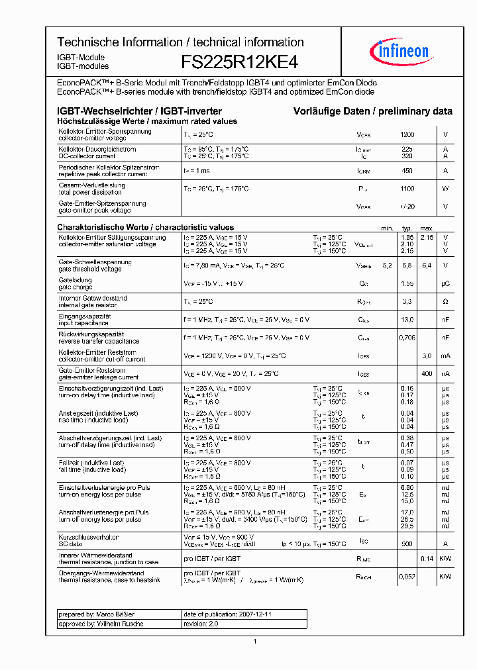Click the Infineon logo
click(x=403, y=50)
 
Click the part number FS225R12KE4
click(x=240, y=62)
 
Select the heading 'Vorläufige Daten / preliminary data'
click(x=373, y=112)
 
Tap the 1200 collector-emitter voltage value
click(x=407, y=134)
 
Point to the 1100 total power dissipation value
click(x=407, y=189)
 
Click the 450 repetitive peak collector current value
click(x=407, y=171)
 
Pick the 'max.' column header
click(x=427, y=228)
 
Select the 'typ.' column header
click(x=407, y=228)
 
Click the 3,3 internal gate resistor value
click(x=407, y=302)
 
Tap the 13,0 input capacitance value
click(x=407, y=319)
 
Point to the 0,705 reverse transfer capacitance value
click(x=407, y=337)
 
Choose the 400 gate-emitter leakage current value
click(x=427, y=373)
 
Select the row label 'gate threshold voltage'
click(x=90, y=269)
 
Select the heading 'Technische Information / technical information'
click(x=180, y=42)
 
